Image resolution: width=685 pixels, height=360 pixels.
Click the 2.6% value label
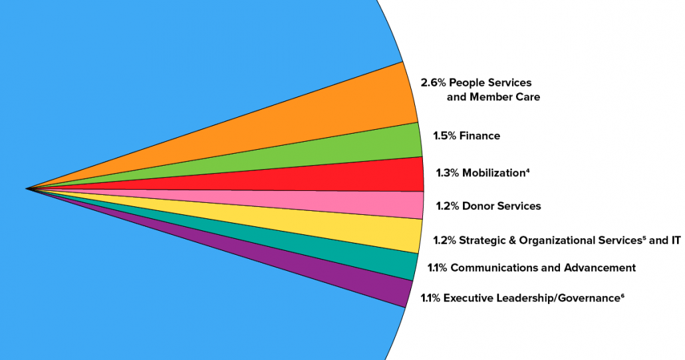click(x=434, y=83)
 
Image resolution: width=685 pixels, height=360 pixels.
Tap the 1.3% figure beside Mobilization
click(x=448, y=173)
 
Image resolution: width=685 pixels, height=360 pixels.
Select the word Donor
click(x=477, y=206)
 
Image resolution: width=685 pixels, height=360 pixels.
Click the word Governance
click(x=589, y=298)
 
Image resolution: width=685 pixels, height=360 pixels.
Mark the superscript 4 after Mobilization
click(x=527, y=170)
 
